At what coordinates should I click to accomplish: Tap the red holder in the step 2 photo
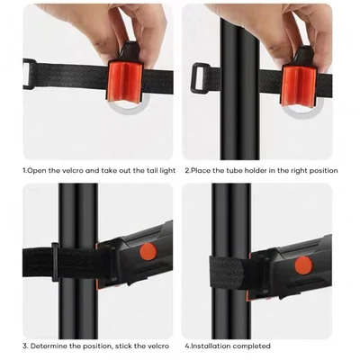[x=300, y=83]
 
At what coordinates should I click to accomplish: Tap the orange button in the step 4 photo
[x=303, y=265]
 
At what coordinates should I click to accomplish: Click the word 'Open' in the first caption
[x=39, y=170]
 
